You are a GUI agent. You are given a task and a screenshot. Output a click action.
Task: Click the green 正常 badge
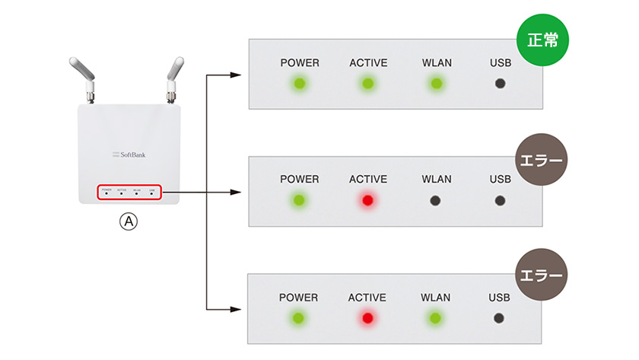tap(543, 40)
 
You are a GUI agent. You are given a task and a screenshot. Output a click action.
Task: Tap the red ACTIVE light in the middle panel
tap(368, 201)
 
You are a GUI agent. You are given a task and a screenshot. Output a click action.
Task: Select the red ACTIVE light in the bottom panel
tap(368, 318)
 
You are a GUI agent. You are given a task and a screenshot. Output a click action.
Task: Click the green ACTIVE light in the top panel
tap(368, 83)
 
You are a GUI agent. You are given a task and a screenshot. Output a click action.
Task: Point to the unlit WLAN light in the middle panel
tap(436, 201)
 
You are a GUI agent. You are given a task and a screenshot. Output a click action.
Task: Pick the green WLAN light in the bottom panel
tap(436, 318)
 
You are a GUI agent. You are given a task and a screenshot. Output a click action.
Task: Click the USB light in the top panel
tap(500, 83)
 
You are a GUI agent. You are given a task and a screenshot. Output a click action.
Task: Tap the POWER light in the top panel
tap(300, 83)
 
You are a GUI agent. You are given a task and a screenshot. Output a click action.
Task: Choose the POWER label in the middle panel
tap(300, 180)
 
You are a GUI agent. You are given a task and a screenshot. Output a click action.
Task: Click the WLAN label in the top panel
tap(436, 62)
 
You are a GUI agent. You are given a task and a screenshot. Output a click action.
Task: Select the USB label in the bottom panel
tap(500, 298)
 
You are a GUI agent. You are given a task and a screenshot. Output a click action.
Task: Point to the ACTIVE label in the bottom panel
tap(368, 298)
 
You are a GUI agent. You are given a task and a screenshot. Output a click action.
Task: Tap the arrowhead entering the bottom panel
tap(237, 310)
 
